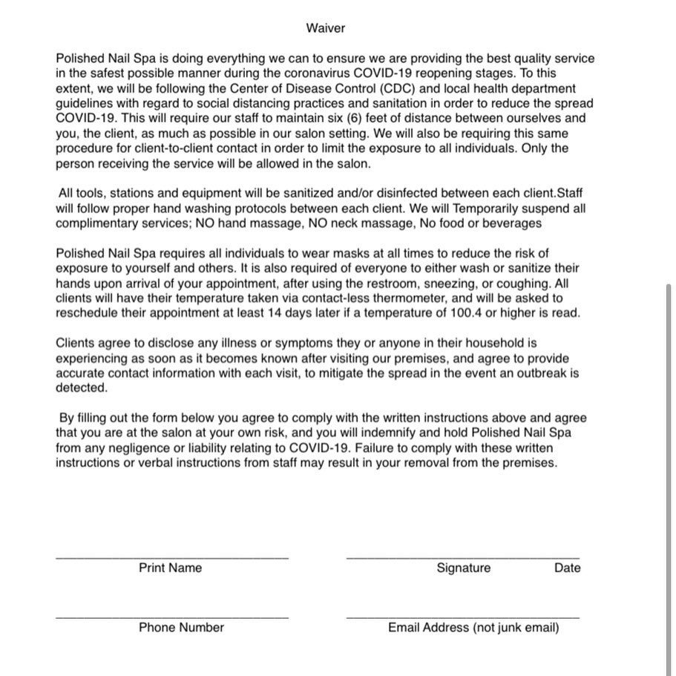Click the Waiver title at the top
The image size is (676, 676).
coord(325,28)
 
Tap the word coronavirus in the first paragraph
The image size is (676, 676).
coord(310,73)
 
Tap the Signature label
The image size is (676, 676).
coord(463,568)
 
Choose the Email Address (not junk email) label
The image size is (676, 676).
coord(473,628)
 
